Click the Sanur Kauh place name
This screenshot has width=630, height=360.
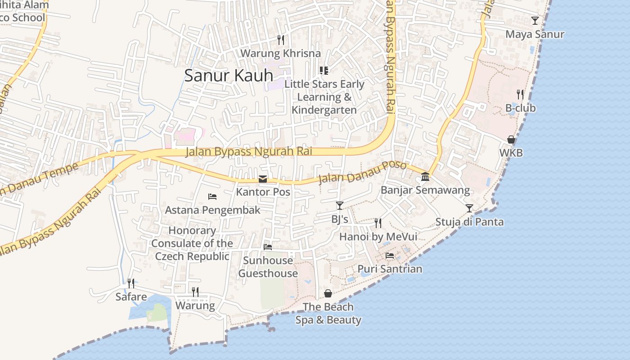pos(229,75)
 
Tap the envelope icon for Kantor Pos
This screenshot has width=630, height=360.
pos(263,179)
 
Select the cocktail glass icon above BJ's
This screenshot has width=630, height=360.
pos(340,206)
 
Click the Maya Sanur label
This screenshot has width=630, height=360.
pos(535,34)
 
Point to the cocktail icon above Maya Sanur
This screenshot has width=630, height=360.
pos(535,20)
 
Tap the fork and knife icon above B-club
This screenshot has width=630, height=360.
pos(520,94)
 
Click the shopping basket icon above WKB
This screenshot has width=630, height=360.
pos(511,139)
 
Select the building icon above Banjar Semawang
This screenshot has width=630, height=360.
pos(425,176)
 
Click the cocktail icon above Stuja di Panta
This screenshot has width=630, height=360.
pos(469,208)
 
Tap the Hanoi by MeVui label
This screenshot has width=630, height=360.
pos(378,237)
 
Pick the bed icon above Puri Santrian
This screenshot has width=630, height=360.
pos(390,256)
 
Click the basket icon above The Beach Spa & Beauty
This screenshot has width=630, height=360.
pos(328,293)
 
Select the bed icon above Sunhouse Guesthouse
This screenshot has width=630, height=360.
pos(268,247)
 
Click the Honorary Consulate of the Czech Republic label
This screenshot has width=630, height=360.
pos(192,243)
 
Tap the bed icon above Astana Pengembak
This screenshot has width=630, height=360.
pos(212,197)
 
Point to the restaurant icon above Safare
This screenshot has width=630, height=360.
pos(131,283)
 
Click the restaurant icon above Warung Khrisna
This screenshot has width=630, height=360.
pos(281,40)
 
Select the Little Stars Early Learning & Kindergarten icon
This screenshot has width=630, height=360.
pos(324,70)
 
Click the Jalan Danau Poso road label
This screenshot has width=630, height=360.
pos(362,172)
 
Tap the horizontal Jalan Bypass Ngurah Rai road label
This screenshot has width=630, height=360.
pos(249,151)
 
